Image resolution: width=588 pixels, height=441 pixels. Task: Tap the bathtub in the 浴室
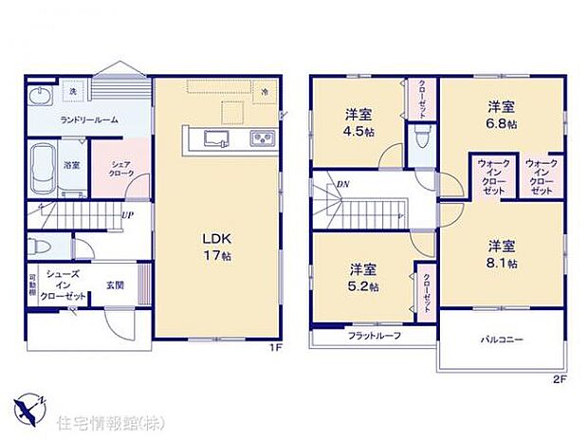tap(45, 168)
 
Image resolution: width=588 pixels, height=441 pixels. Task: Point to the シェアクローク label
tap(121, 169)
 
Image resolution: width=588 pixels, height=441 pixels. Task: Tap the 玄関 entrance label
tap(114, 285)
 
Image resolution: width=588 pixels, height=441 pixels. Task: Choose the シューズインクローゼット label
tap(65, 285)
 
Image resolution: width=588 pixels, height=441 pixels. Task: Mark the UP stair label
tap(126, 213)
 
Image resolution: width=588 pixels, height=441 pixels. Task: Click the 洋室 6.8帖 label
tap(502, 114)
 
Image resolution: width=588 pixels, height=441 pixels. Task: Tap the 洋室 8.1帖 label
tap(501, 254)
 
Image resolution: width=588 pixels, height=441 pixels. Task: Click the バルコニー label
tap(501, 340)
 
